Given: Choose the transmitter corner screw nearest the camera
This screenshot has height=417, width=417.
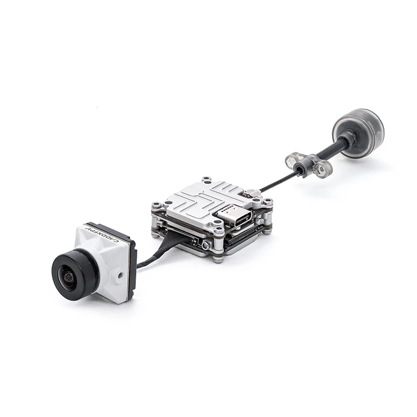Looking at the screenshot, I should coord(154,206).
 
